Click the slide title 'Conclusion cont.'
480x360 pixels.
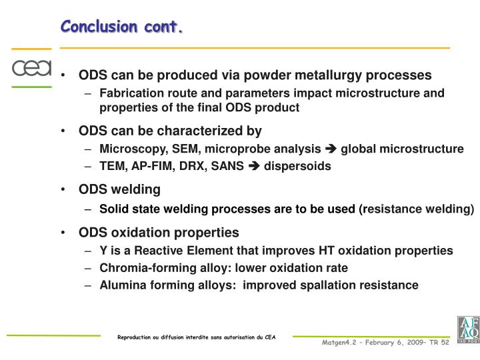point(122,26)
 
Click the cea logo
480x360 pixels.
point(31,68)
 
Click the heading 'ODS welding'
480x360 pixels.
point(119,189)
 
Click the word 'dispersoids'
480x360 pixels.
point(297,166)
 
